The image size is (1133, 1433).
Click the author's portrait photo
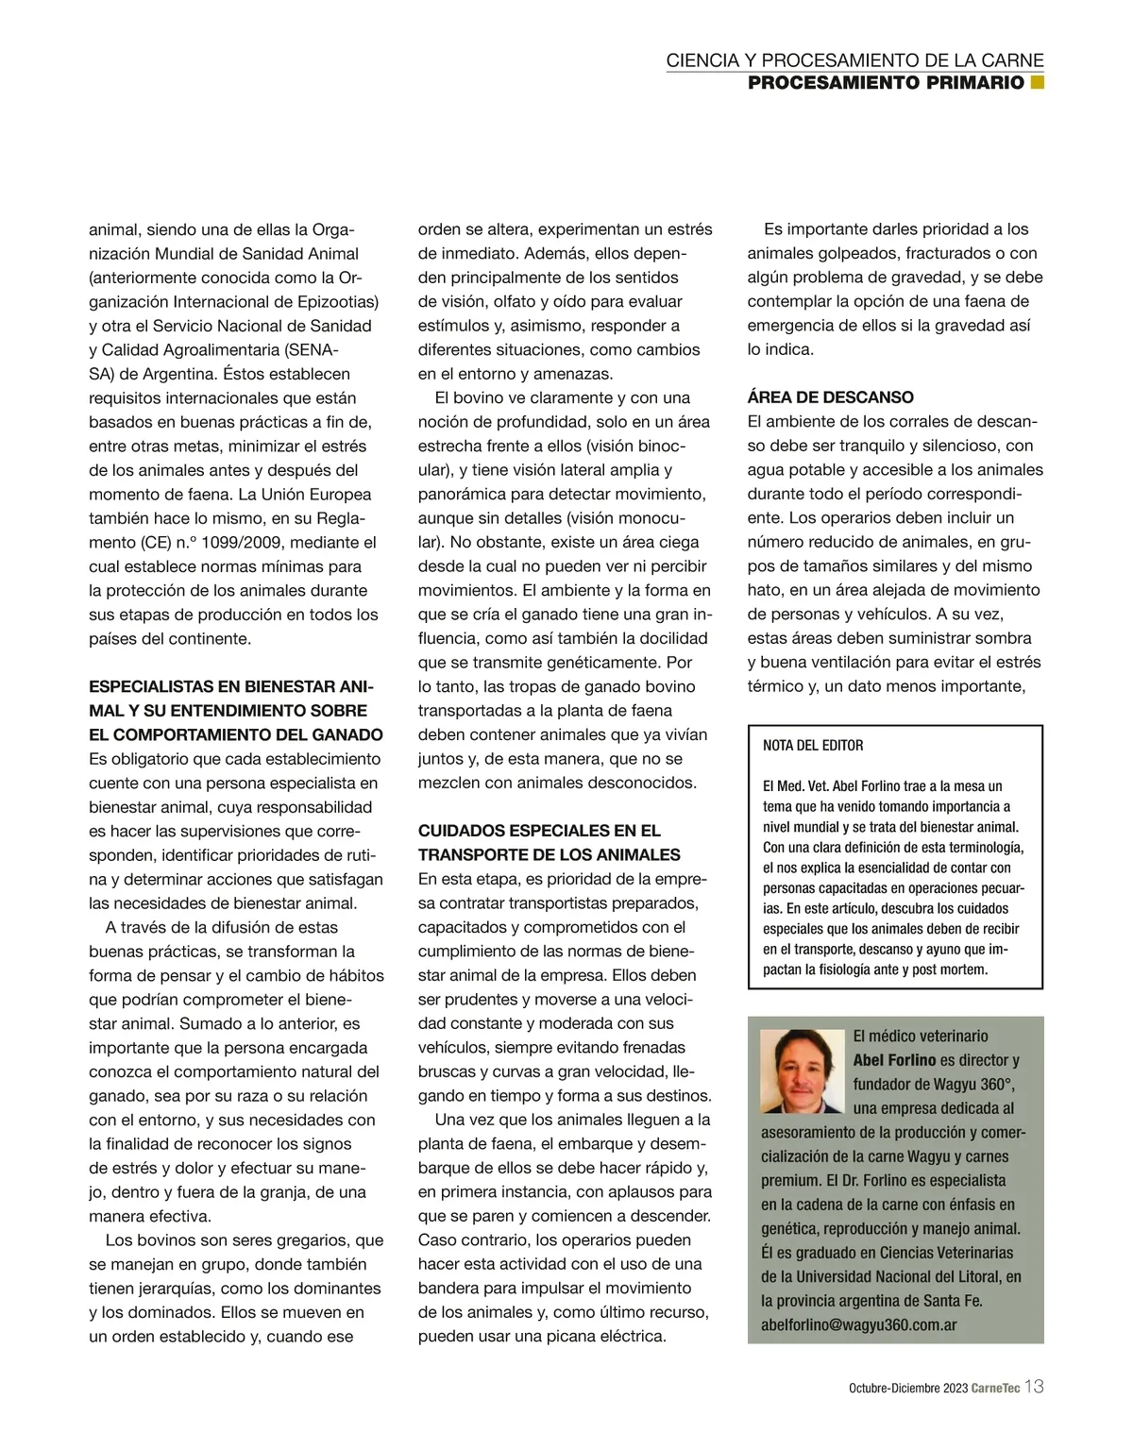point(802,1071)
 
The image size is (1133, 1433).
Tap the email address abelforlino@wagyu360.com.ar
point(858,1324)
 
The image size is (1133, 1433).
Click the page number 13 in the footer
point(1034,1387)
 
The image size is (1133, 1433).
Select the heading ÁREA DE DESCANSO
point(830,397)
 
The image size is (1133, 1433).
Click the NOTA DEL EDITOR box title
point(813,746)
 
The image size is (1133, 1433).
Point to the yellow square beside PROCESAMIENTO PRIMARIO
point(1037,82)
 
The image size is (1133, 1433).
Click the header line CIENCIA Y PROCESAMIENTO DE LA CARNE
point(854,60)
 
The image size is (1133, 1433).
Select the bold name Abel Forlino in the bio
point(894,1060)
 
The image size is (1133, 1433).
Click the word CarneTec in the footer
point(995,1389)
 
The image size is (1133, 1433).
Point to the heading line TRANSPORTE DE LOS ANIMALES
point(549,855)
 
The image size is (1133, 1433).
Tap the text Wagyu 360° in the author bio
point(959,1085)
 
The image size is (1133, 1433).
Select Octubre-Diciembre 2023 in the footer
point(907,1389)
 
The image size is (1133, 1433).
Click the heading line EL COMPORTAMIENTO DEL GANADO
point(235,735)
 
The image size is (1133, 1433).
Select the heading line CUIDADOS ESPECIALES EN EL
point(539,831)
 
